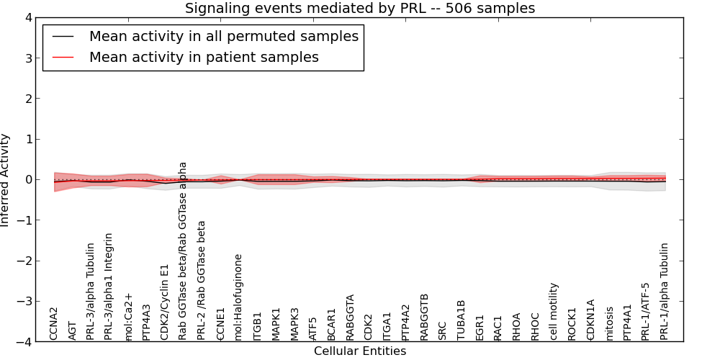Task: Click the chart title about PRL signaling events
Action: [360, 9]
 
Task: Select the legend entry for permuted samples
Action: [223, 36]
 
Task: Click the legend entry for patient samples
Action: [204, 57]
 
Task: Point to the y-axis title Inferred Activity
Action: [6, 180]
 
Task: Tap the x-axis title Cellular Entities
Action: [360, 351]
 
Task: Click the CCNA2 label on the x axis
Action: [54, 323]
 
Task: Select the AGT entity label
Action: [72, 330]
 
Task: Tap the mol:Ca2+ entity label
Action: [128, 316]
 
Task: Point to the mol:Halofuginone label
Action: [239, 297]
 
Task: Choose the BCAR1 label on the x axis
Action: [332, 324]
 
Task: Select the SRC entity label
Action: [443, 330]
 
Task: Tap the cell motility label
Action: [554, 311]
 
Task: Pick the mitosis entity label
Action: [610, 323]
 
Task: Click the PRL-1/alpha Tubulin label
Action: [665, 292]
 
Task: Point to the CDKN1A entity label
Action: [591, 320]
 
